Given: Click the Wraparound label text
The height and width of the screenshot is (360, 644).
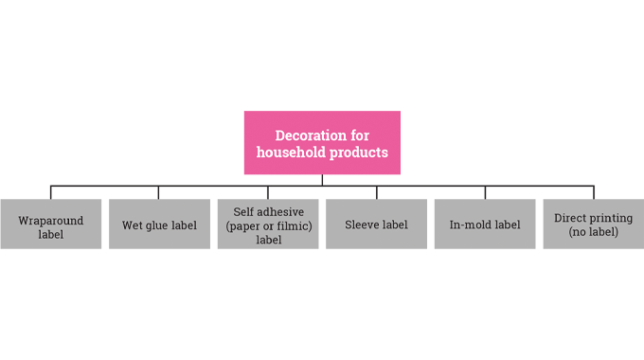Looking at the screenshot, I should pos(51,227).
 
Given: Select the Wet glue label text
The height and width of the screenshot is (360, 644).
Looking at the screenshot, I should pos(159,225).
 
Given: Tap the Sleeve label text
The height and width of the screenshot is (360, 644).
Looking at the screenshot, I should pos(376,225).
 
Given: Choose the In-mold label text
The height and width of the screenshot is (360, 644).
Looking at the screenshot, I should pos(485,225).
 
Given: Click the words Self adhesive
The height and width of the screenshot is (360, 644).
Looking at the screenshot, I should pos(269,211).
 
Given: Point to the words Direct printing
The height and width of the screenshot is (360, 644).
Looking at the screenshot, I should pos(593,218).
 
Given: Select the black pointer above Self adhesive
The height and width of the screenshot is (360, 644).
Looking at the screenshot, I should pos(268,193).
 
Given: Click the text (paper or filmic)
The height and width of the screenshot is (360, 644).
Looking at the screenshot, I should pos(269,225).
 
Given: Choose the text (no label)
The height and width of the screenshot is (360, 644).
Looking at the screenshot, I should pos(593,232).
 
